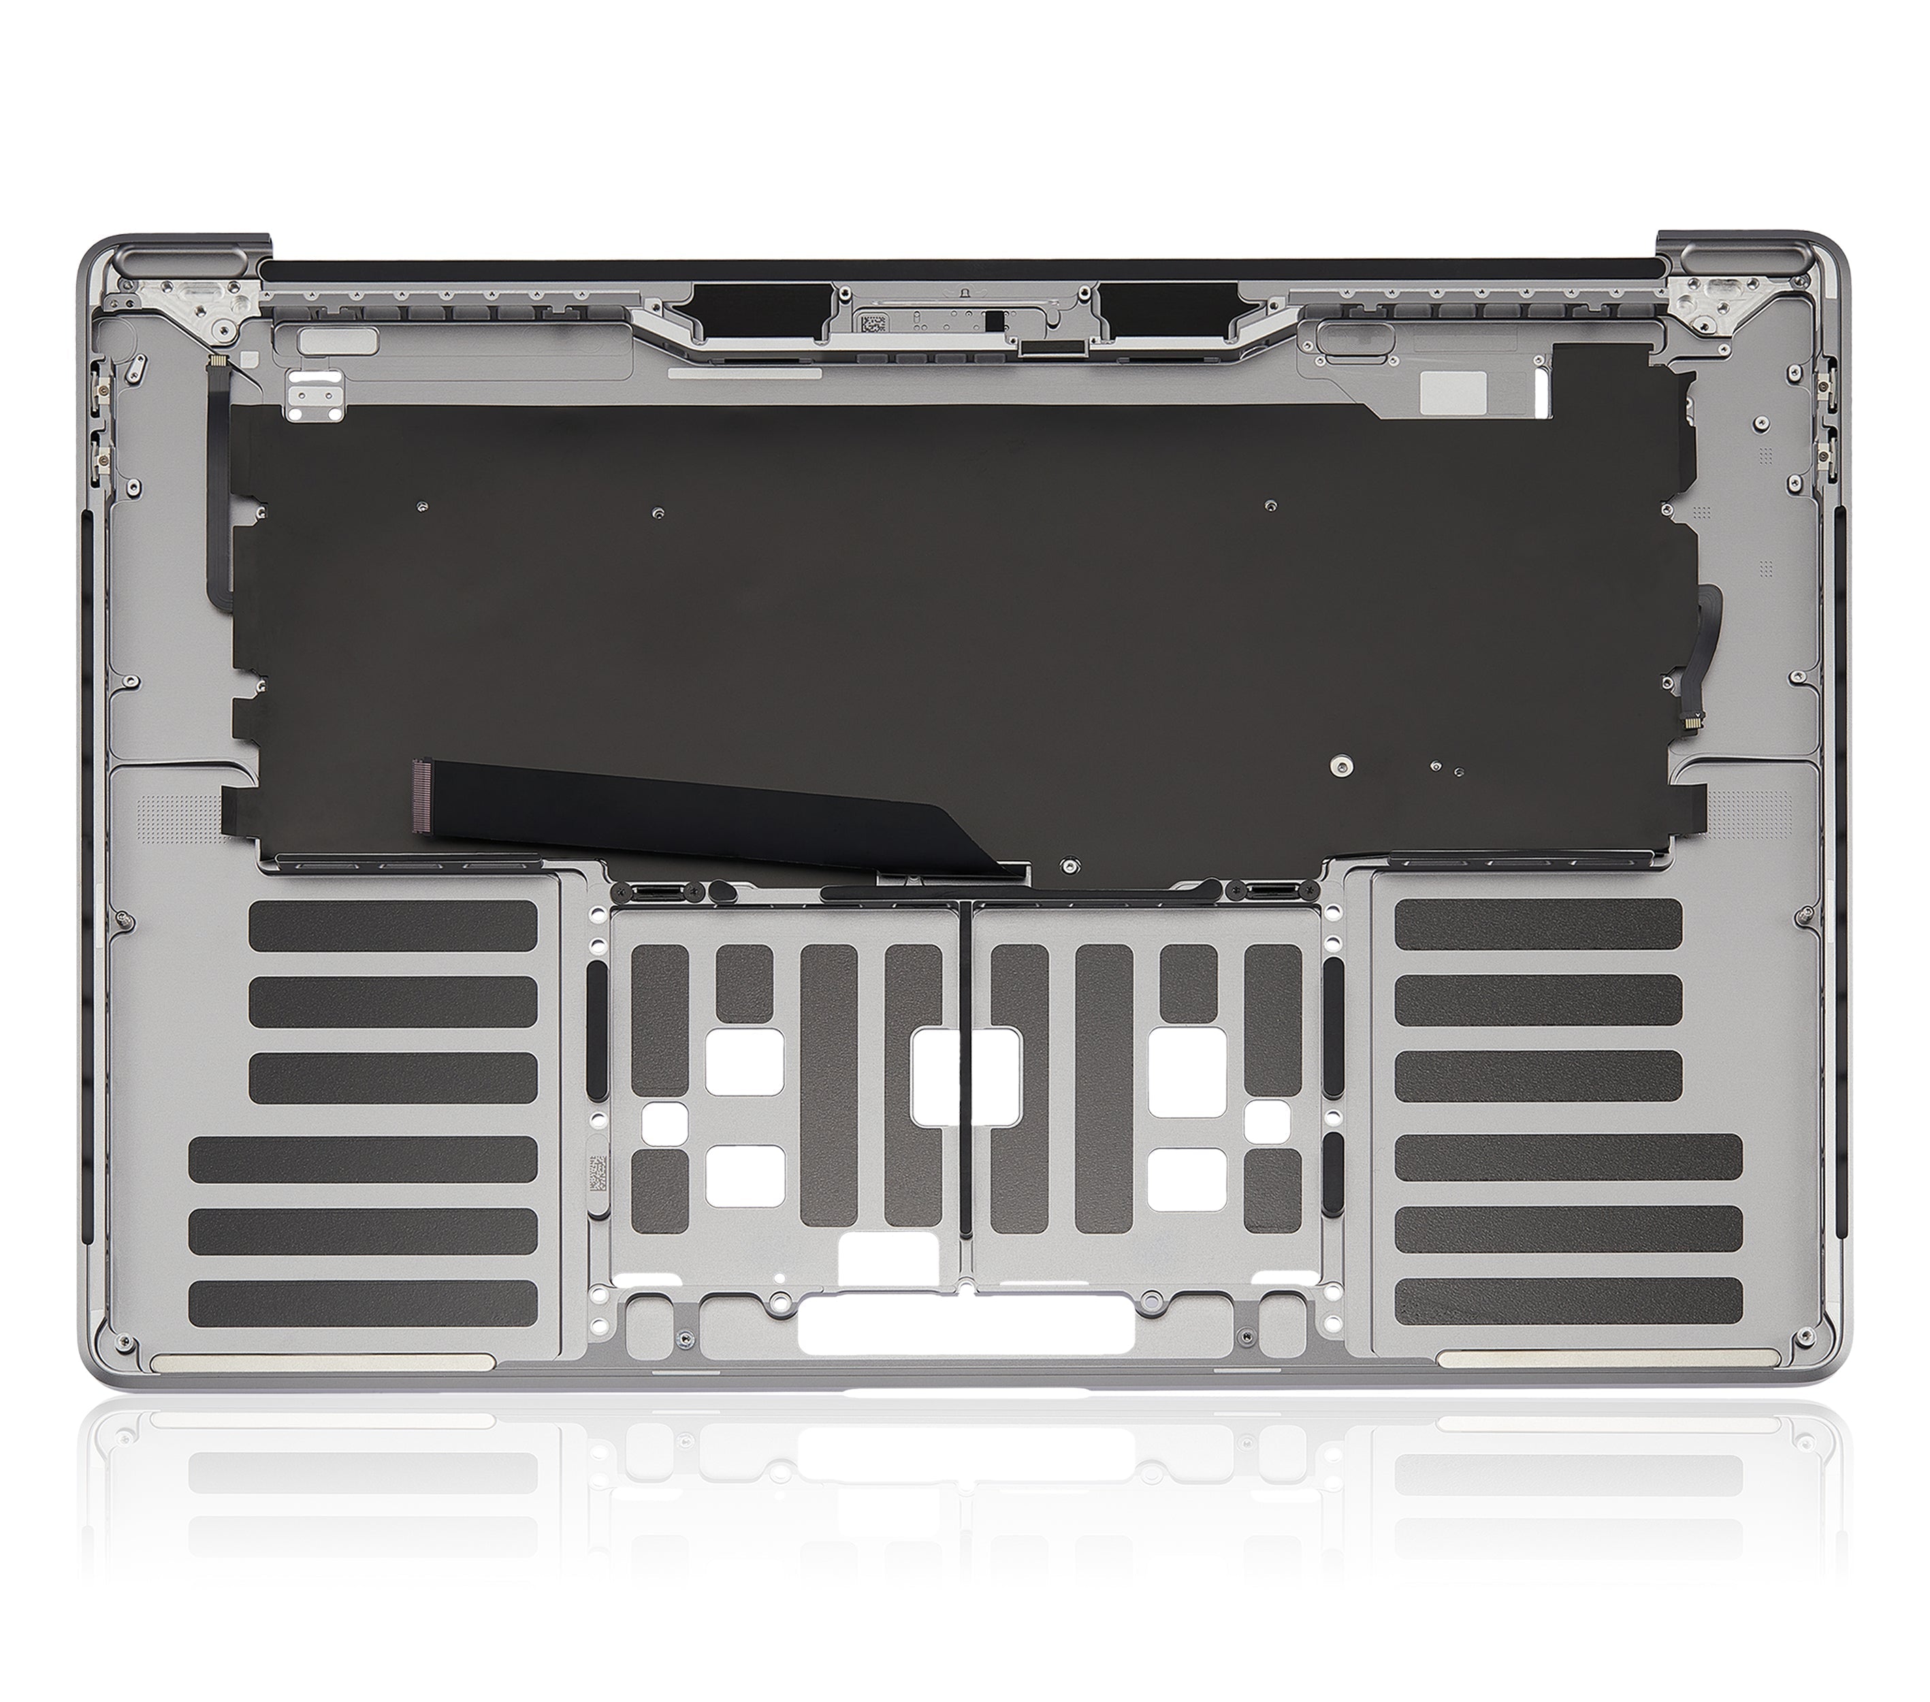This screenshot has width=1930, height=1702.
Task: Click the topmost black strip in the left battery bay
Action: click(393, 922)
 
